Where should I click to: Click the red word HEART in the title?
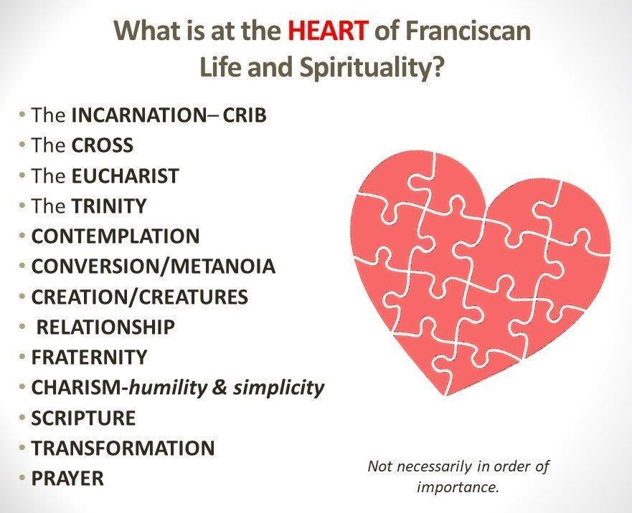click(x=328, y=30)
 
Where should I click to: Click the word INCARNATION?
click(x=138, y=115)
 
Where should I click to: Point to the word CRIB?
click(x=245, y=115)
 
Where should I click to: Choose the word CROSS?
click(x=103, y=145)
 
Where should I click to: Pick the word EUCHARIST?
click(x=125, y=176)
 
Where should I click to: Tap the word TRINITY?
click(x=109, y=206)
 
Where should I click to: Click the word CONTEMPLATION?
click(x=115, y=236)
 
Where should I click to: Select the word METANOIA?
click(x=223, y=266)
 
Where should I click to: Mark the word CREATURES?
click(x=194, y=297)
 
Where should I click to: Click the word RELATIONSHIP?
click(x=105, y=327)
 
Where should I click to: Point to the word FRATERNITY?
click(x=89, y=358)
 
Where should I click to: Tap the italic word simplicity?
click(x=278, y=388)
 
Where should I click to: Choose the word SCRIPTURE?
click(x=83, y=418)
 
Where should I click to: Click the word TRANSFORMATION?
click(x=123, y=449)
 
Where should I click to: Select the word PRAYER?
click(x=67, y=479)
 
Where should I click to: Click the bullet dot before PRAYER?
click(x=22, y=479)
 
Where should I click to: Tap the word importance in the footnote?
click(x=458, y=488)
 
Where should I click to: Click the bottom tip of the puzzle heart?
click(x=445, y=396)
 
